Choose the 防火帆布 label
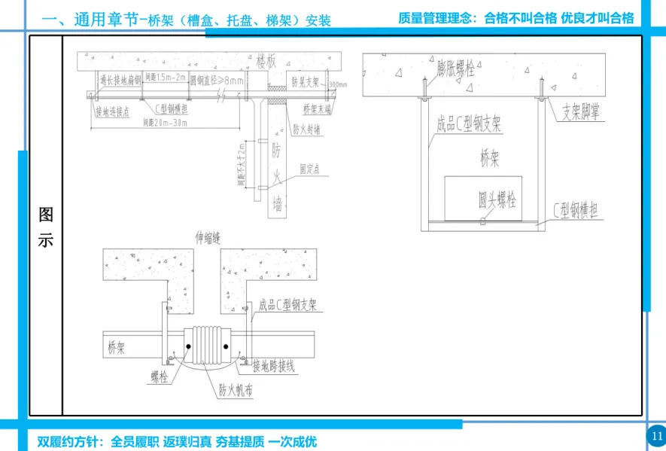point(236,390)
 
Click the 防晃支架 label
point(306,79)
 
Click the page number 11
point(656,435)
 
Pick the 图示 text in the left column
point(46,228)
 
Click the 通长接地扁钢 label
point(121,79)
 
